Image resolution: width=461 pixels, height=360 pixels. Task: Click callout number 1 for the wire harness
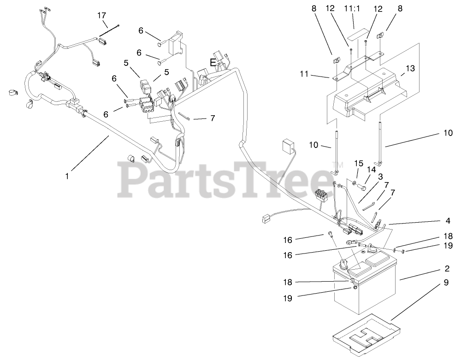[67, 176]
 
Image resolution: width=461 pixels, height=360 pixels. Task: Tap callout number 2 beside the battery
[447, 268]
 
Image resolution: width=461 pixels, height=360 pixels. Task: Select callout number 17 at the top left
[102, 15]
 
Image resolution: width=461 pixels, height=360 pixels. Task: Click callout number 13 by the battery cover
[410, 69]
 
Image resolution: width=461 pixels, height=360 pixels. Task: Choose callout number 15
[359, 163]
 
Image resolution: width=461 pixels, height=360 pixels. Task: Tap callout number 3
[380, 176]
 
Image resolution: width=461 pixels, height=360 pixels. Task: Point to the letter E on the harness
[213, 62]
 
